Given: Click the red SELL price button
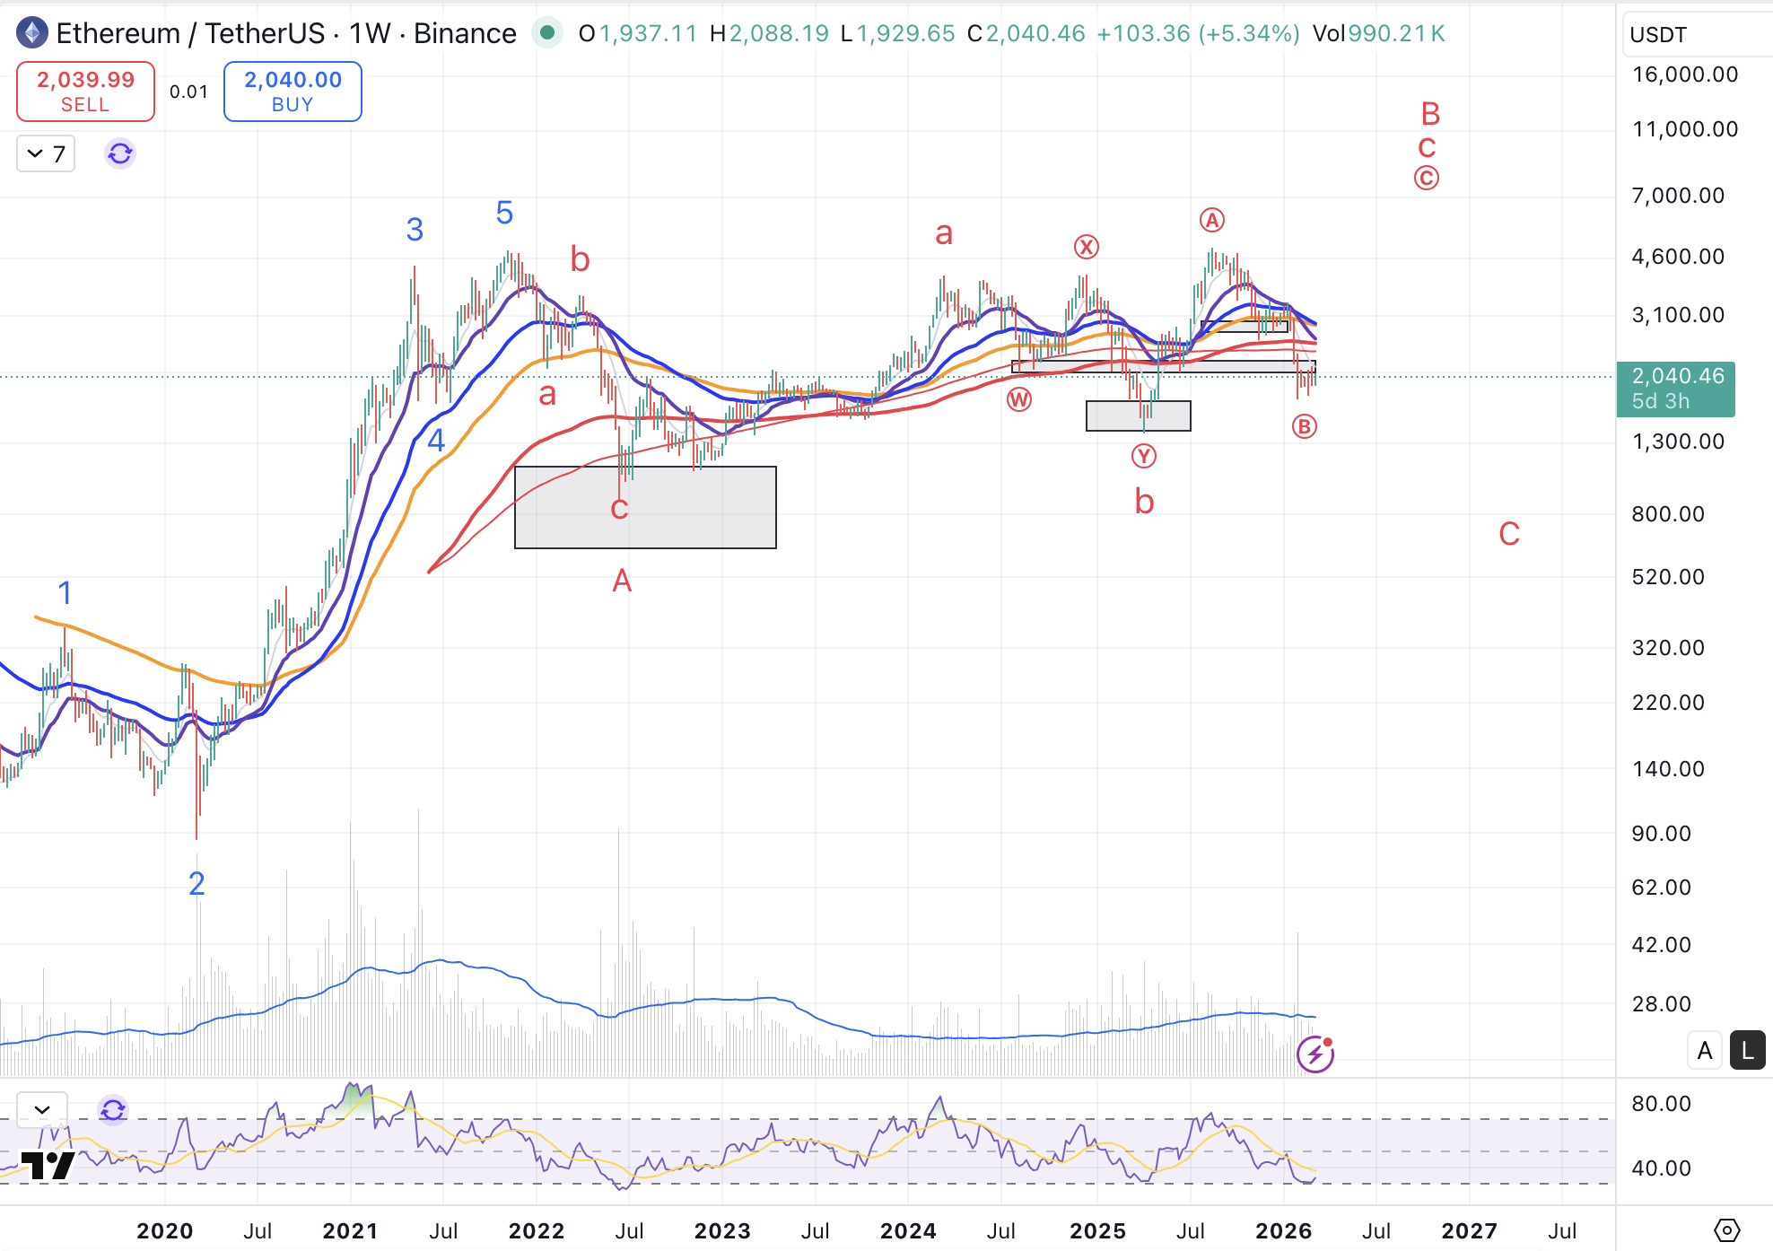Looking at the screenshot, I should (x=85, y=92).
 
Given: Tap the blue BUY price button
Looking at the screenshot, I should (x=293, y=92).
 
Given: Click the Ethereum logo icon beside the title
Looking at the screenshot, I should (x=32, y=33).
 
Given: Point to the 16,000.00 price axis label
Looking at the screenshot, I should (x=1684, y=74).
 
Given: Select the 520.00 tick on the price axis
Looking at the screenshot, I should (x=1667, y=577).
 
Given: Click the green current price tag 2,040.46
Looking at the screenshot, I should (x=1675, y=389).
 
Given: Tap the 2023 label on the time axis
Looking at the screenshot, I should (x=722, y=1230).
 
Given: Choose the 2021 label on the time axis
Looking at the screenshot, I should (x=350, y=1230).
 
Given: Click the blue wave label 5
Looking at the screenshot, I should (x=504, y=213).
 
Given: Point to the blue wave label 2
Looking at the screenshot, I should (x=197, y=884).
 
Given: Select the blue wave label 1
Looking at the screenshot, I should (x=65, y=592).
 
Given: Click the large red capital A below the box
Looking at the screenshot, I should (x=622, y=582).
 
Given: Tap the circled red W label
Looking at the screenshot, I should (x=1019, y=399).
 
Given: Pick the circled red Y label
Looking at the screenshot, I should (x=1143, y=457).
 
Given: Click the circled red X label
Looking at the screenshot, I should (x=1087, y=247).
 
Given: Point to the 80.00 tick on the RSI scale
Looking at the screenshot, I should (x=1661, y=1104).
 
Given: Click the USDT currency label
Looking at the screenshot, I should (x=1658, y=35).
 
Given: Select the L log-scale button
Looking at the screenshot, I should (x=1747, y=1050).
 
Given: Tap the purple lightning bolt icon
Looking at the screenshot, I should (x=1315, y=1054).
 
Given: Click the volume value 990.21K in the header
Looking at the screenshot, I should (x=1396, y=33).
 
